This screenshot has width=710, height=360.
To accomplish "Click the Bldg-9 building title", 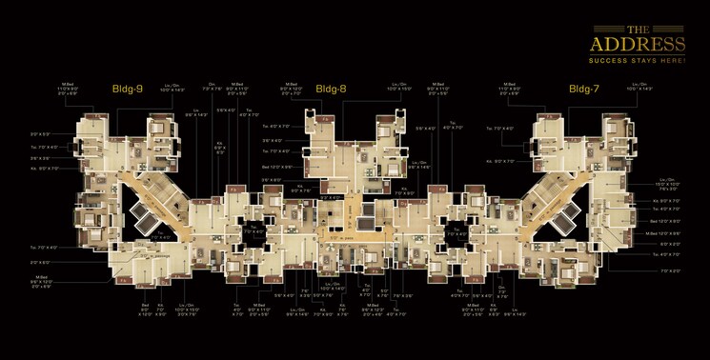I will pyautogui.click(x=127, y=89).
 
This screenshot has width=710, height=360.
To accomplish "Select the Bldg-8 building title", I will pyautogui.click(x=331, y=89).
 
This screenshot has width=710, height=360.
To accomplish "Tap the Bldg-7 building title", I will pyautogui.click(x=584, y=89).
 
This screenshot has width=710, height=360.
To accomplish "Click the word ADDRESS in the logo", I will pyautogui.click(x=639, y=46).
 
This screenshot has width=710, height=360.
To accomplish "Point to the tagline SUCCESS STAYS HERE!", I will pyautogui.click(x=639, y=59).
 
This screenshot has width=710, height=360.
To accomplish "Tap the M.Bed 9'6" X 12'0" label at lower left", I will pyautogui.click(x=41, y=282).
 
